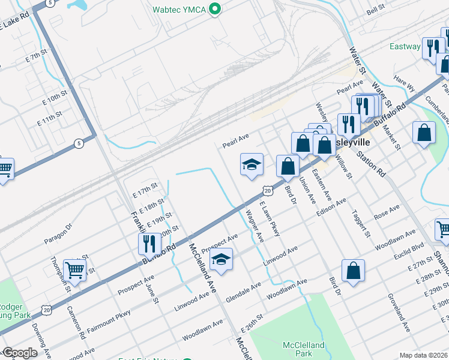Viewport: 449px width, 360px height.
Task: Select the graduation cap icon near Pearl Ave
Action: [x=252, y=165]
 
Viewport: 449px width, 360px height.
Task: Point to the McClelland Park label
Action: [x=303, y=349]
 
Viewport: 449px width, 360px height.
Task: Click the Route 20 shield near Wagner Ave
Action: [x=267, y=191]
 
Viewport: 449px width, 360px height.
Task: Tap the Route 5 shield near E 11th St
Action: [x=79, y=143]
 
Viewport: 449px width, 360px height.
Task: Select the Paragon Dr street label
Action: [x=58, y=233]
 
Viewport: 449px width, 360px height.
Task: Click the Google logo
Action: [x=19, y=353]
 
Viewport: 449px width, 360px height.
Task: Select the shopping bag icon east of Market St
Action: [x=424, y=134]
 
